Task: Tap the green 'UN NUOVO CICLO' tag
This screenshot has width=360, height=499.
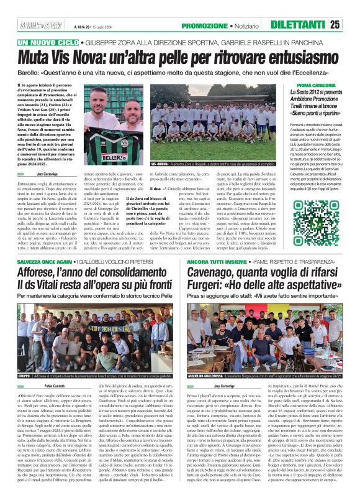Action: coord(45,43)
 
